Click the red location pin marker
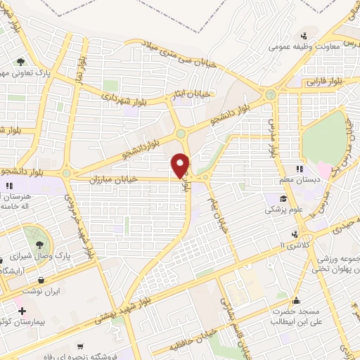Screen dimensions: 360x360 click(x=181, y=165)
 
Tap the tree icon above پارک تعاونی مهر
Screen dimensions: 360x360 click(x=22, y=61)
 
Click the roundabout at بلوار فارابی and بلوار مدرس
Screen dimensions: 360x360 click(x=270, y=95)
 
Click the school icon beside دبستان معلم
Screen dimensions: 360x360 click(x=299, y=169)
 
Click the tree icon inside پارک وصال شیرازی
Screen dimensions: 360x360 click(x=31, y=233)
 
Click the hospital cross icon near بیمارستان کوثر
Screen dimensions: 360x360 click(x=22, y=310)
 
